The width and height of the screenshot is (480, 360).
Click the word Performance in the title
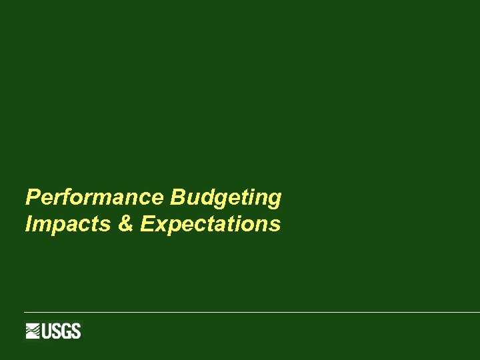pos(95,198)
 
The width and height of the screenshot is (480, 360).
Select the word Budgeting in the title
pos(226,198)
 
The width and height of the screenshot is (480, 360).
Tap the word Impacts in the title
pos(67,225)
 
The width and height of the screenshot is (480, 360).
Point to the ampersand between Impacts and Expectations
pos(125,225)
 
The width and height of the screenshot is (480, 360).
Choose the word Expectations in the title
pos(211,225)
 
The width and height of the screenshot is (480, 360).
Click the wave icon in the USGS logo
pos(34,331)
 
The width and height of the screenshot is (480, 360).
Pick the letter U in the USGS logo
pos(49,331)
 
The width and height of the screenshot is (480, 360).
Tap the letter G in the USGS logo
pos(67,331)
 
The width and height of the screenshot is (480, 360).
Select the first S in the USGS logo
pos(58,331)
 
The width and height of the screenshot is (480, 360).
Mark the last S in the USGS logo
pos(75,331)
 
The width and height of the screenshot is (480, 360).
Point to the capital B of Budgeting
pos(177,198)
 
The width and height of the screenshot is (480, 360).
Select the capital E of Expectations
pos(147,225)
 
